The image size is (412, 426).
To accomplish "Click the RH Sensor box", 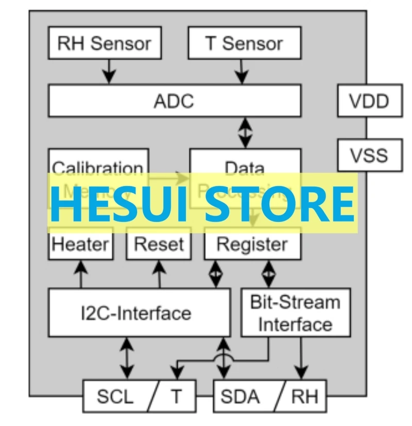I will tap(104, 43).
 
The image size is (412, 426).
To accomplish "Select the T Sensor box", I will tap(245, 43).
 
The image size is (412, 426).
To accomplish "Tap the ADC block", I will tap(174, 101).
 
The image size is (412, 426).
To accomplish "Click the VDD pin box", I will tap(369, 101).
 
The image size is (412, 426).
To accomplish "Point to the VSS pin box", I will tap(369, 155).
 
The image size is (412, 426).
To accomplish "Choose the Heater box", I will tap(81, 244).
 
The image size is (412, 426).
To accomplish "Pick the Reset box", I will tap(159, 244).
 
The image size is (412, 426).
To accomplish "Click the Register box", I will tap(252, 244).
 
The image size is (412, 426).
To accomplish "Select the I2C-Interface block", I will tap(139, 313).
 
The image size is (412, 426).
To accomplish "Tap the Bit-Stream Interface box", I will tap(295, 313).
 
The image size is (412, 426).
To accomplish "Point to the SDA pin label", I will tap(240, 397).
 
